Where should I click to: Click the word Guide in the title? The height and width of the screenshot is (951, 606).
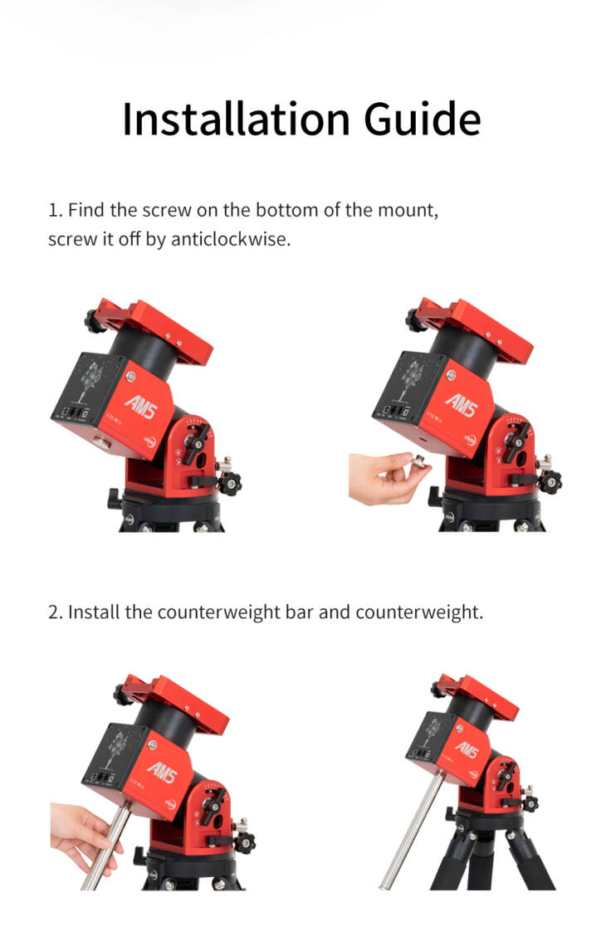423,119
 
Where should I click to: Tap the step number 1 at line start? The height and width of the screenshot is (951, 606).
54,210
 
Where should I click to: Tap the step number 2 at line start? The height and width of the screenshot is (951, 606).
55,612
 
